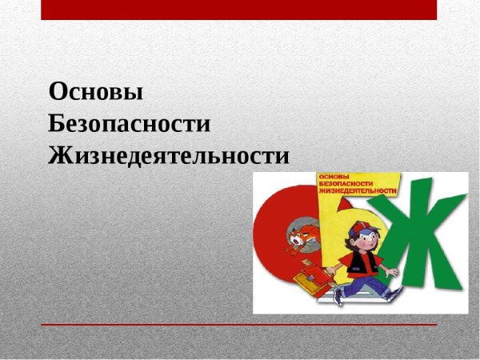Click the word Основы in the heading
click(96, 92)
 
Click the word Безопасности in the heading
click(129, 123)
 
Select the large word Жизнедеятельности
click(169, 154)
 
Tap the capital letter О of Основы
click(58, 92)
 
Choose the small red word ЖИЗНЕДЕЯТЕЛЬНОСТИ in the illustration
click(358, 192)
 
